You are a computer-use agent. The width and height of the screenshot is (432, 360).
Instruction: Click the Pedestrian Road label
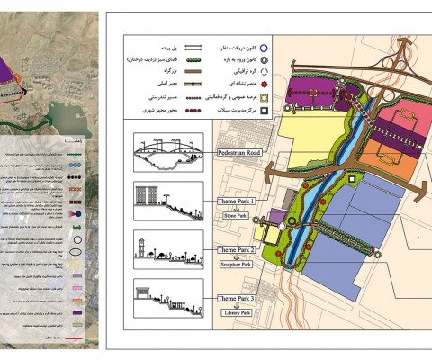coord(238,154)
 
